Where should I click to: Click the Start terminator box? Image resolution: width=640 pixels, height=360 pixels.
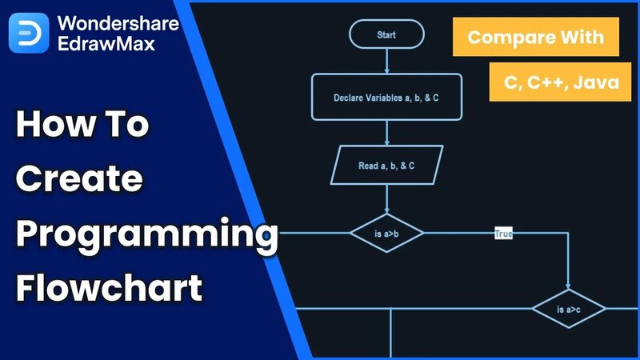(386, 35)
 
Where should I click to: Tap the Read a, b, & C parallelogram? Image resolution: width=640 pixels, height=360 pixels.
(386, 166)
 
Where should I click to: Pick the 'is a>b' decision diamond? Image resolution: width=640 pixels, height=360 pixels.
(386, 234)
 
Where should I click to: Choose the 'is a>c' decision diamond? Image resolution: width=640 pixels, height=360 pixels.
(569, 309)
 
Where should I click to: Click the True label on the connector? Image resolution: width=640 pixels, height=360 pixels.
(503, 234)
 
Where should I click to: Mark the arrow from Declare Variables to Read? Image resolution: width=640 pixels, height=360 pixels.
(386, 133)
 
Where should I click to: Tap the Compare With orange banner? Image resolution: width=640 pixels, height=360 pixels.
(537, 37)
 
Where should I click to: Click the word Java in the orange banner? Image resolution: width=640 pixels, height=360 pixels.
(596, 82)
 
